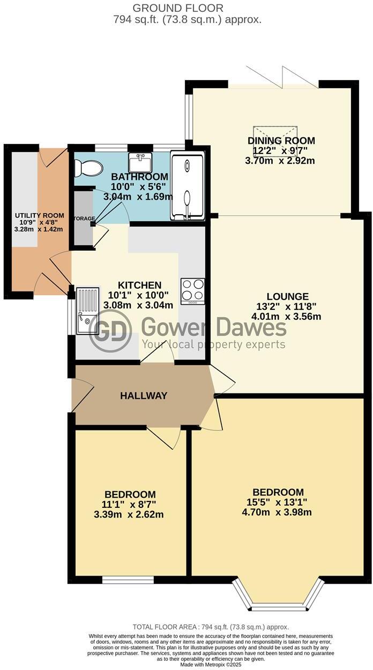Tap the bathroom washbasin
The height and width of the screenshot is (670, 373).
point(140,161)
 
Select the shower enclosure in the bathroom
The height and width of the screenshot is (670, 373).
point(187,186)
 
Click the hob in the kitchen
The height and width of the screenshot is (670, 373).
point(193,290)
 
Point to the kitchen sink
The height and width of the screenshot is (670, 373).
point(88,311)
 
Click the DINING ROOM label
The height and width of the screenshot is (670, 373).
point(281,141)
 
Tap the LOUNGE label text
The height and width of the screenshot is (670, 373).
point(288,296)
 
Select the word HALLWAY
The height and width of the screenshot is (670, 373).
point(144,396)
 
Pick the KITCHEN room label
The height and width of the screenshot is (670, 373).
point(140,285)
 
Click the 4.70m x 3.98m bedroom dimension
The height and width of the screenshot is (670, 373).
point(277,512)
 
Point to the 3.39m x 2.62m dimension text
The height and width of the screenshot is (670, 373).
point(129,514)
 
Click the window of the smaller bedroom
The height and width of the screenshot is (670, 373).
point(128,580)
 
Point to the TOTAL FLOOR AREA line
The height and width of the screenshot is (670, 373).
point(211,627)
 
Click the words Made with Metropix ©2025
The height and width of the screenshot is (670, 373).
point(211,665)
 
